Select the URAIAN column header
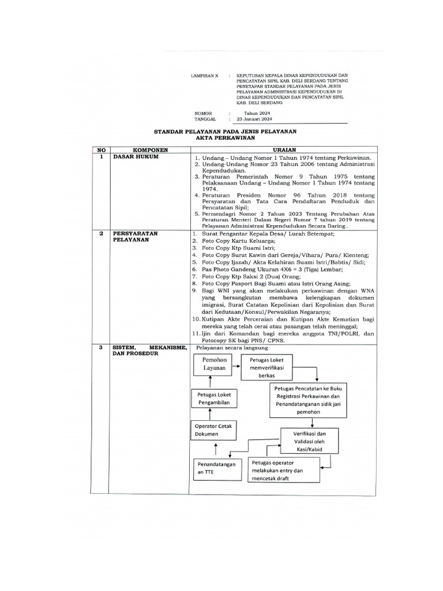284,149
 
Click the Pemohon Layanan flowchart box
212,365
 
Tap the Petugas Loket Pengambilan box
211,398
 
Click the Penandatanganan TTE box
216,467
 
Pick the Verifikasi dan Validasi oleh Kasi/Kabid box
310,442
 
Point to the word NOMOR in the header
204,114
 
